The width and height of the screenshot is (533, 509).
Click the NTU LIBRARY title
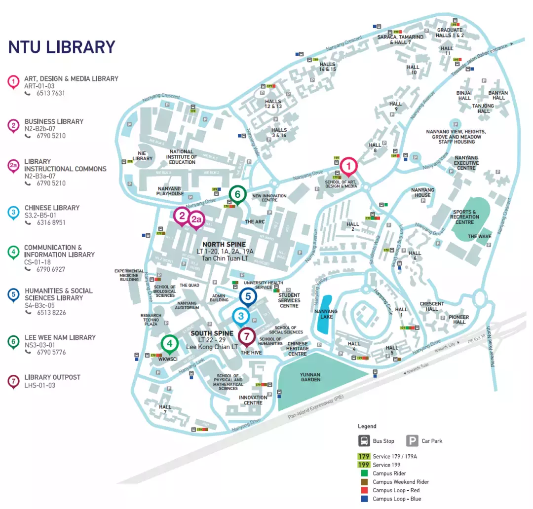(62, 47)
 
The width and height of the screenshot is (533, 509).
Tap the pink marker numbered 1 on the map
(348, 166)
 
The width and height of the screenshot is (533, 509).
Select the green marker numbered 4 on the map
(169, 343)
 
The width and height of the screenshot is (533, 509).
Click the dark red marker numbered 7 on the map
(247, 336)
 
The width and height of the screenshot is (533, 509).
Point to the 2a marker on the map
(197, 220)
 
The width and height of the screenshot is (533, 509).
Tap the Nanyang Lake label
(326, 314)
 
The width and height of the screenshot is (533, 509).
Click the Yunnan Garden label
(310, 376)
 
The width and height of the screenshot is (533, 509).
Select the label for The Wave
(479, 237)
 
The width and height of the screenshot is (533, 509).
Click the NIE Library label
(143, 155)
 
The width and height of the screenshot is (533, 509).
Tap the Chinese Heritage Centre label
(297, 349)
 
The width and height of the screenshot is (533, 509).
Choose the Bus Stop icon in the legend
(364, 440)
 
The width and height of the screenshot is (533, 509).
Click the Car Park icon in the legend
(412, 440)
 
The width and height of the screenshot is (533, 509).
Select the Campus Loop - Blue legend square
(364, 499)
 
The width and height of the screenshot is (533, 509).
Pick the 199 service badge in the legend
(364, 465)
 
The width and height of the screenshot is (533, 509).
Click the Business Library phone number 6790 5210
(51, 136)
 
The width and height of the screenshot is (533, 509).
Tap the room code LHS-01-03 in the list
(40, 385)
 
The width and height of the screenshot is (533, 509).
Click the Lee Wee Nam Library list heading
(60, 337)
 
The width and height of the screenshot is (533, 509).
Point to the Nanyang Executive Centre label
(466, 163)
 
